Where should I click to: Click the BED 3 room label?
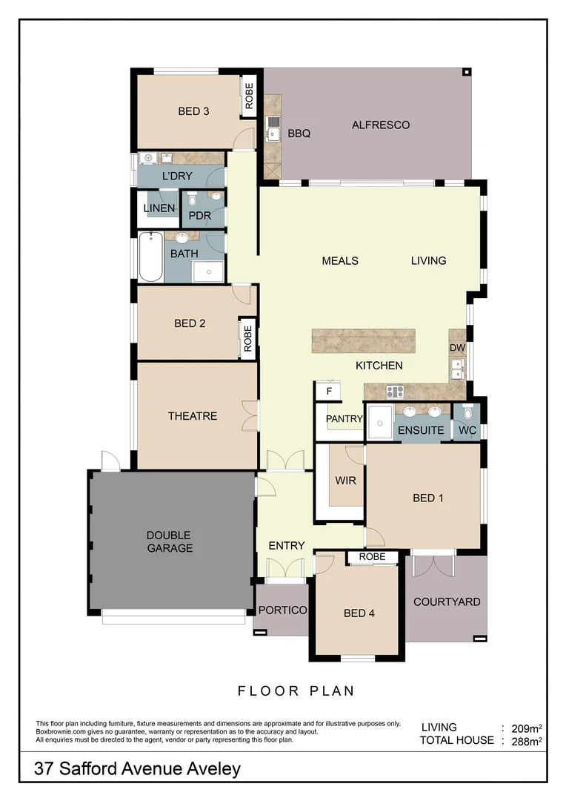pyautogui.click(x=193, y=111)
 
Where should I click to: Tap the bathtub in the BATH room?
pyautogui.click(x=150, y=257)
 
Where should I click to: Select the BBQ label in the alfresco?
pyautogui.click(x=299, y=134)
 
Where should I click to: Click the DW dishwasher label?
pyautogui.click(x=456, y=347)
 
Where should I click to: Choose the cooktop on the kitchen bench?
pyautogui.click(x=394, y=391)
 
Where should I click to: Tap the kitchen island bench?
pyautogui.click(x=363, y=341)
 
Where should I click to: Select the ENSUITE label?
pyautogui.click(x=421, y=430)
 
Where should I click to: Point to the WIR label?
pyautogui.click(x=345, y=481)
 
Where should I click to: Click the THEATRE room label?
pyautogui.click(x=193, y=416)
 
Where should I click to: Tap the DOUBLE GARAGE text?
pyautogui.click(x=169, y=541)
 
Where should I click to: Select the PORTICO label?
pyautogui.click(x=282, y=610)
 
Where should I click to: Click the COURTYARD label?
pyautogui.click(x=447, y=601)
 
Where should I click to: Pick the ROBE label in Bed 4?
pyautogui.click(x=372, y=557)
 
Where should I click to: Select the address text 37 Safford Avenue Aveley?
pyautogui.click(x=138, y=769)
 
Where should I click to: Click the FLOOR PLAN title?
pyautogui.click(x=296, y=690)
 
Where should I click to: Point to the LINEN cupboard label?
pyautogui.click(x=159, y=208)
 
